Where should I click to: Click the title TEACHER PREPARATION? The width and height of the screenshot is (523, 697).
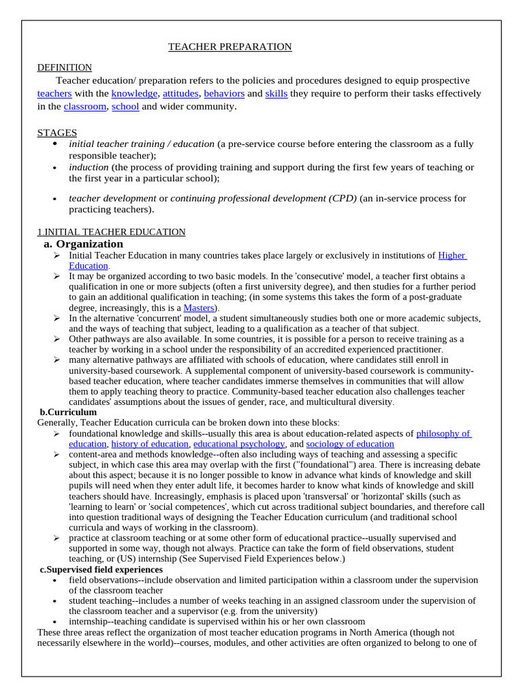click(x=230, y=47)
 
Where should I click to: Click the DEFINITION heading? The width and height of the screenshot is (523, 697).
click(x=64, y=67)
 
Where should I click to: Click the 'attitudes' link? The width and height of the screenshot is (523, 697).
click(x=180, y=93)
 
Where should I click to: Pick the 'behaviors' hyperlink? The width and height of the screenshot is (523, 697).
click(x=224, y=93)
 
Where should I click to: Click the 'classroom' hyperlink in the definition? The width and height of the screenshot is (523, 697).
click(x=85, y=106)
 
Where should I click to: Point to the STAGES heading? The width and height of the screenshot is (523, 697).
click(x=57, y=133)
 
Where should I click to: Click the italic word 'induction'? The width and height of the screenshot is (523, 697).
click(x=89, y=167)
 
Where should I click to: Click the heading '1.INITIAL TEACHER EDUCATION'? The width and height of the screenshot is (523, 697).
click(x=111, y=232)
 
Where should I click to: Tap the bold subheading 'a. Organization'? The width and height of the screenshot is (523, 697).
click(x=83, y=244)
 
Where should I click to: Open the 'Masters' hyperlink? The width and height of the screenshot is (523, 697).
click(x=199, y=308)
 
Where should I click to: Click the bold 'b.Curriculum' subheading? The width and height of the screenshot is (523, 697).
click(x=68, y=412)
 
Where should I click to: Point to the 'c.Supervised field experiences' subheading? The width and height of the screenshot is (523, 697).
click(x=101, y=569)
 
